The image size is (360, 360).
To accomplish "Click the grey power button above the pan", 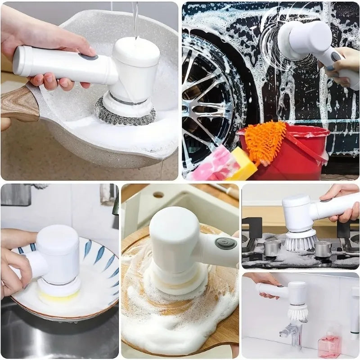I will point(89,57).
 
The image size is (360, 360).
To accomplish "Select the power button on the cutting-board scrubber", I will point(225,243).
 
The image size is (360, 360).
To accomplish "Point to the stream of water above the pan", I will point(135,18).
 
